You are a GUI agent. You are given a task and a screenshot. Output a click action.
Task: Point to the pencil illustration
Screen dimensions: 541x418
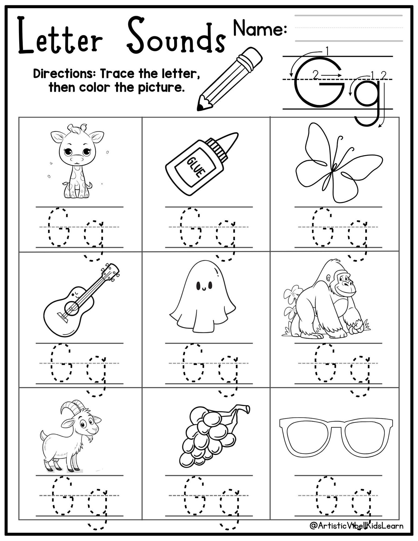[x=229, y=79]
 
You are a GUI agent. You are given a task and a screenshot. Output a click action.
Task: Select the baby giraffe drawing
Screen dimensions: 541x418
[x=76, y=161]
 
